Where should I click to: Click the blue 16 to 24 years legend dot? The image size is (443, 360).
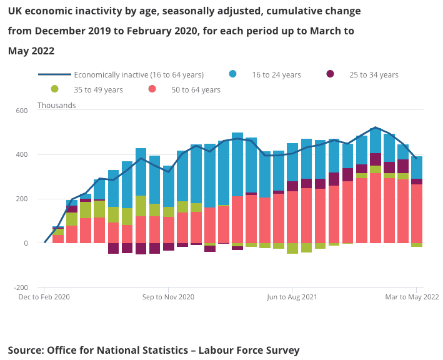[x=233, y=74]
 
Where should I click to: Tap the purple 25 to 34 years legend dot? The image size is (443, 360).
[x=330, y=74]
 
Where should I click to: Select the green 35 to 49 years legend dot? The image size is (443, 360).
[x=55, y=89]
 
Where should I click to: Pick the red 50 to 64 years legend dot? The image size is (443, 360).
[x=152, y=89]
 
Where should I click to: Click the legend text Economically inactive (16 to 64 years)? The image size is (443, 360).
[x=139, y=74]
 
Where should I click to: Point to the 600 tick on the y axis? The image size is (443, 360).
[x=22, y=111]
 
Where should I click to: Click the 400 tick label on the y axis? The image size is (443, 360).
[x=22, y=155]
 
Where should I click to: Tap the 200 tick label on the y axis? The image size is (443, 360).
[x=22, y=199]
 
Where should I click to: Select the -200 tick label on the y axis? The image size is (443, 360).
[x=21, y=288]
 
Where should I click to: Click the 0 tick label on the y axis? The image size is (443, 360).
[x=26, y=244]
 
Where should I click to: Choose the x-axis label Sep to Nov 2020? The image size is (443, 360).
[x=169, y=297]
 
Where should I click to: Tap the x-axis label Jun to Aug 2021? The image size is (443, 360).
[x=292, y=297]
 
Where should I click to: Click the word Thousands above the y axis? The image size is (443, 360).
[x=57, y=105]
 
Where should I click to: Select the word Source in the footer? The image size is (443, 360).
[x=25, y=350]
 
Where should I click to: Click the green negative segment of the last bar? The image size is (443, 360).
[x=417, y=245]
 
